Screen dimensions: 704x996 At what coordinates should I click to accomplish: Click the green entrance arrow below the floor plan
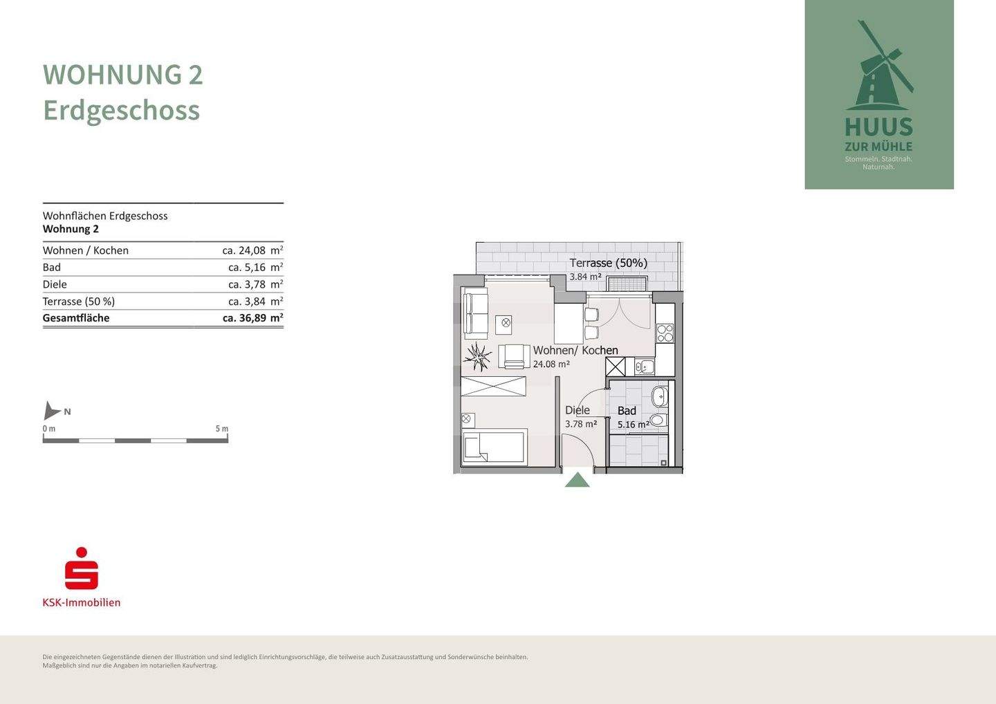click(x=577, y=480)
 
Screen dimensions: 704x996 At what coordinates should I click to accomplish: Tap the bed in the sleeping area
click(x=494, y=446)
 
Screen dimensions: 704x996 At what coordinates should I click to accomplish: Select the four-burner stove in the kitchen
click(x=665, y=333)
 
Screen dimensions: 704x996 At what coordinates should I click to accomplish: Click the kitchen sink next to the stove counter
click(x=645, y=367)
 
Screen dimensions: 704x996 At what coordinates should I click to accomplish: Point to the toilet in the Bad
click(x=658, y=420)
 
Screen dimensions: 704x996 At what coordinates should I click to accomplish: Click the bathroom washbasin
click(x=659, y=397)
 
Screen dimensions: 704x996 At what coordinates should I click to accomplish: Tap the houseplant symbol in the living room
click(x=477, y=357)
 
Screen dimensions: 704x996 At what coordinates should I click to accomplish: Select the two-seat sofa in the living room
click(x=474, y=313)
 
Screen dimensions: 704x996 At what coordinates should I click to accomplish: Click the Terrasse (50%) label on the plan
click(x=608, y=263)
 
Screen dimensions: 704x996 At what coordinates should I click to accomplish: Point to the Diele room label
click(x=578, y=410)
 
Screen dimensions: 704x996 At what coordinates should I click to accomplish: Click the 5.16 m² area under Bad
click(x=633, y=425)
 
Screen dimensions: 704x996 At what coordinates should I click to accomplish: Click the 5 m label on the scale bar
click(x=221, y=429)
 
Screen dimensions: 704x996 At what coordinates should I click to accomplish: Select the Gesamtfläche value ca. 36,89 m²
click(x=252, y=318)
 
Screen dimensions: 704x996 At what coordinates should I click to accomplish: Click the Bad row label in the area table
click(x=52, y=268)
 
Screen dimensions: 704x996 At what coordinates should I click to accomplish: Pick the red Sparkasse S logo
click(x=82, y=569)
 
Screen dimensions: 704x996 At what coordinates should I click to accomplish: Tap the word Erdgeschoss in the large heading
click(x=122, y=110)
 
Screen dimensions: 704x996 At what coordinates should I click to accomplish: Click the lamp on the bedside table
click(x=467, y=419)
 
